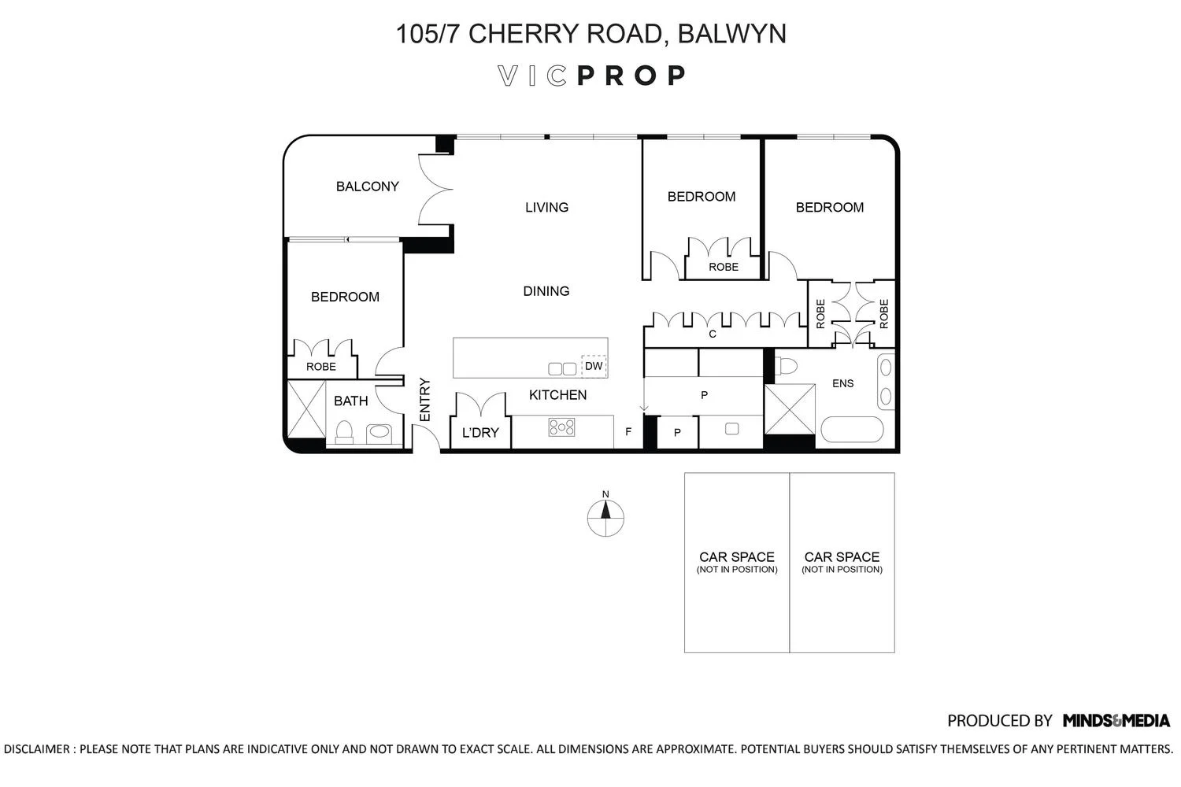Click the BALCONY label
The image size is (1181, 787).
(x=368, y=186)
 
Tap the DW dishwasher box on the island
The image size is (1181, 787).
(x=594, y=366)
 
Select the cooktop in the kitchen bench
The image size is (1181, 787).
(x=561, y=427)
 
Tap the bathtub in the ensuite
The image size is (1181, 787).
(x=852, y=429)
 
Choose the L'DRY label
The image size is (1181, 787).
(x=479, y=433)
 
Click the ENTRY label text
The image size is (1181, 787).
(x=425, y=400)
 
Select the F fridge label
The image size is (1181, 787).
(x=628, y=432)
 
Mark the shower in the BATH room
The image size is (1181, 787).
(x=306, y=409)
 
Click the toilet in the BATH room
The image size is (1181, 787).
(x=344, y=432)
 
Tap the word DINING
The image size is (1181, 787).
(x=546, y=291)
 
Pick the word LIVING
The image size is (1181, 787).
(x=546, y=207)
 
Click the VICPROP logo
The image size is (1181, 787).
(x=591, y=76)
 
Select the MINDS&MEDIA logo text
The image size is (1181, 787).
(x=1116, y=721)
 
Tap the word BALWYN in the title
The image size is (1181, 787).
(x=731, y=34)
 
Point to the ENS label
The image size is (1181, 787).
(x=842, y=383)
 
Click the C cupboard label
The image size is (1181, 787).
(x=713, y=334)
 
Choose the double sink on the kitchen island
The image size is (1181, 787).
(x=562, y=368)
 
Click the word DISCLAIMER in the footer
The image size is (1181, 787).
(x=36, y=749)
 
